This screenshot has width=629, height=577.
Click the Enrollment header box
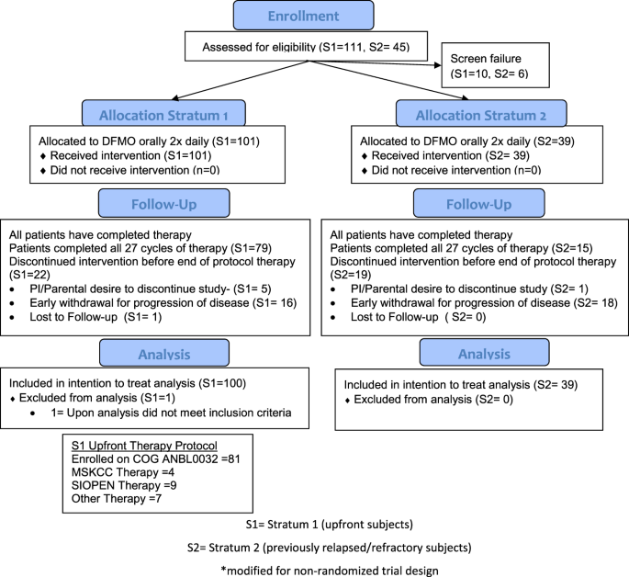click(x=304, y=17)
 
